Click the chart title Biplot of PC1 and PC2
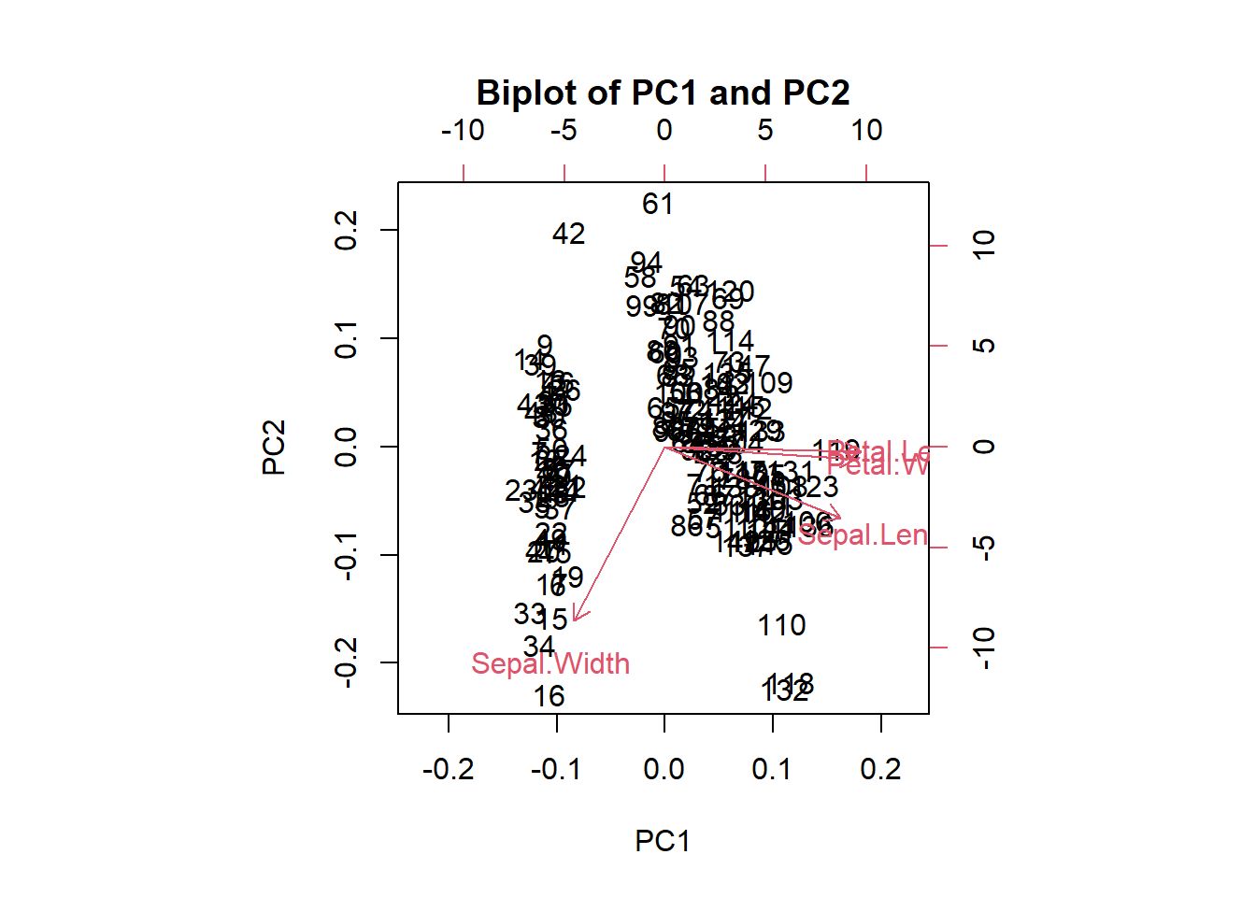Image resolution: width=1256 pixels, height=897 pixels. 663,93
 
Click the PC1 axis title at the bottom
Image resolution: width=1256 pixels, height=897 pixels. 662,841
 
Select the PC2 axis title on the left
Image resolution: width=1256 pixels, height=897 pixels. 274,448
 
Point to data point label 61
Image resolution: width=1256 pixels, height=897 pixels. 658,205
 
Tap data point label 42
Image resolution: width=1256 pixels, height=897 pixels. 568,234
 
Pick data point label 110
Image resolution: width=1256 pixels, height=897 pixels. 781,625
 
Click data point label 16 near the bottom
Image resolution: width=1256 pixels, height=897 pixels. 549,696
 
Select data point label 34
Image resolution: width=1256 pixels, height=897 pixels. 539,647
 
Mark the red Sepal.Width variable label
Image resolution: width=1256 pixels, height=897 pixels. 550,664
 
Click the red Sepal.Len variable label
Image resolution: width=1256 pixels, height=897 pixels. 863,535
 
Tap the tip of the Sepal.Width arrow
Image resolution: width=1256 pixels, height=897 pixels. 575,619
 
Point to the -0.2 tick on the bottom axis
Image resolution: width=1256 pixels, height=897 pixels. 449,770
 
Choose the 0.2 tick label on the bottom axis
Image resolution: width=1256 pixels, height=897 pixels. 880,770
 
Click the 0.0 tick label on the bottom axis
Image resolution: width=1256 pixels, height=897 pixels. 664,770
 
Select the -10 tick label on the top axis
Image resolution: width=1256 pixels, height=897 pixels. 464,131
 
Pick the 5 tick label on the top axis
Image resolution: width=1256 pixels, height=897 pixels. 765,131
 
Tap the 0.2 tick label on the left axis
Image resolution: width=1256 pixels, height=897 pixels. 346,230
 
